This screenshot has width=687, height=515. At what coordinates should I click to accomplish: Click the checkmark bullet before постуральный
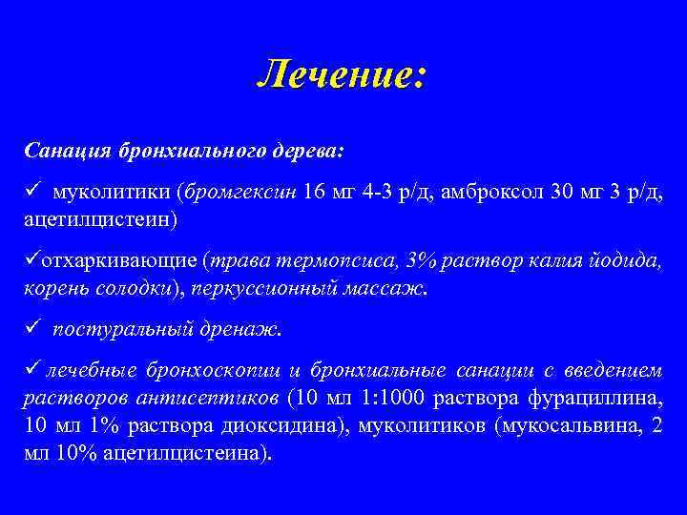pos(31,329)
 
